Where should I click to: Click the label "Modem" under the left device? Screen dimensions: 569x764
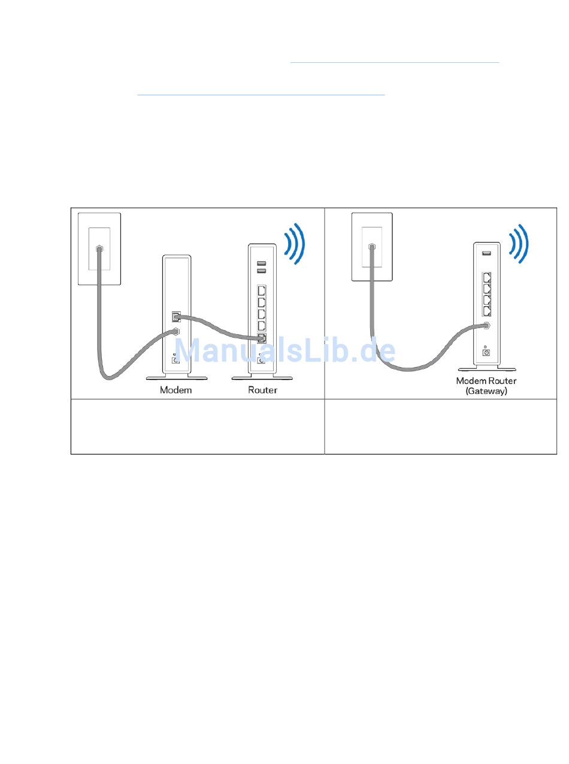point(175,390)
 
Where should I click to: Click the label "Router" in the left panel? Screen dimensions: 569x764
point(262,390)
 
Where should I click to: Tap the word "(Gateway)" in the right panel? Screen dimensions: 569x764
point(486,391)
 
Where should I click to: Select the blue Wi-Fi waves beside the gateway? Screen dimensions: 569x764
point(519,243)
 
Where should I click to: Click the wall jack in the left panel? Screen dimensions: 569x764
point(99,248)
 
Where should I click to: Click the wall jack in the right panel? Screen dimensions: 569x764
point(371,246)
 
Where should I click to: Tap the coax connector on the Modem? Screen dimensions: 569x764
point(175,331)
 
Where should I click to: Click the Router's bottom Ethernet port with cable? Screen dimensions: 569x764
point(262,338)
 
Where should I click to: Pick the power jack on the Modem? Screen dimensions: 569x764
point(175,359)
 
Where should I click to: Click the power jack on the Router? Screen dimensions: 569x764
point(262,360)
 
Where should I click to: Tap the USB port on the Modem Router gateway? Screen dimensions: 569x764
point(486,253)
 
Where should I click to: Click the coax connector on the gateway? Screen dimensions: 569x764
point(486,326)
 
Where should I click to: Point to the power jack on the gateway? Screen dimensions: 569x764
point(486,353)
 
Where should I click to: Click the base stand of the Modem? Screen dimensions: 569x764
point(177,377)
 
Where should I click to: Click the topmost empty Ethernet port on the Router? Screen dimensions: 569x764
point(262,291)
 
